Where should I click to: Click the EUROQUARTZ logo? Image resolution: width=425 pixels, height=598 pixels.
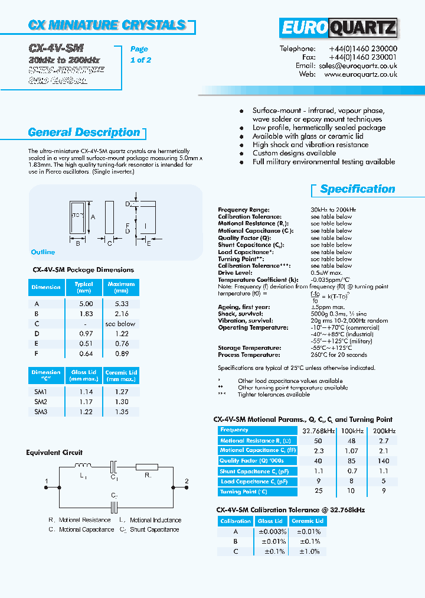point(338,28)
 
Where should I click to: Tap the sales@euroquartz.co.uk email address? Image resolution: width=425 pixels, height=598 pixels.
point(358,66)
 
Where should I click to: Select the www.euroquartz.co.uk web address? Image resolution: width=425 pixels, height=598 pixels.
point(360,75)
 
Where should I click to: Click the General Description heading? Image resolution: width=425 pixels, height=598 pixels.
point(84,132)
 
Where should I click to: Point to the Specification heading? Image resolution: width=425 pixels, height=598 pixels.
point(357,189)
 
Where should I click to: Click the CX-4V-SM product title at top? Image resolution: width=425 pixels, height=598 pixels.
point(57,48)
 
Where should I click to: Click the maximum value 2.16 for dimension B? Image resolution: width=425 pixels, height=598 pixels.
point(121,314)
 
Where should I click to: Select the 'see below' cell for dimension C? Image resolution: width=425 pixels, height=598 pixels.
point(120,324)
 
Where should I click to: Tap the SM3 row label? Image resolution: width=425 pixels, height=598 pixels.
point(40,411)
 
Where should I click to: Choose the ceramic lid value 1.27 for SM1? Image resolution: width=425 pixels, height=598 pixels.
point(121,391)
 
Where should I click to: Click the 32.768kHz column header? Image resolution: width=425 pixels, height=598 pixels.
point(319,430)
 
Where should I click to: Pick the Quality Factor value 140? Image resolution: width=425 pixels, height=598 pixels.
point(384,461)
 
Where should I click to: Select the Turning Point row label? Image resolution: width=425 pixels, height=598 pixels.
point(244,492)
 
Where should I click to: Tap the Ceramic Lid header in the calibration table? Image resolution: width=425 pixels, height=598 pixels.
point(308,521)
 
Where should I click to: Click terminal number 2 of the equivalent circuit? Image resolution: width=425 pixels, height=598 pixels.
point(187,482)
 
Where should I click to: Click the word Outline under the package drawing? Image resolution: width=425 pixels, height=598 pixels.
point(43,252)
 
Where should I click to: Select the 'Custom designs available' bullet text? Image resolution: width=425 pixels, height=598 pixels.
point(294,153)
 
